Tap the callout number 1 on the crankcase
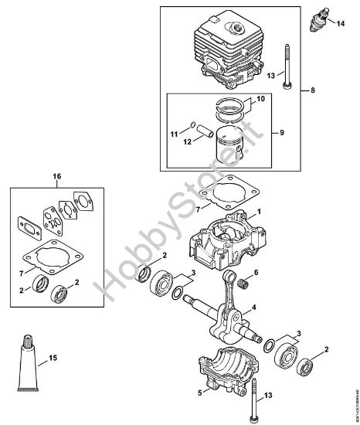coord(260,211)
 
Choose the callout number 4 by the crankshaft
coord(254,308)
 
